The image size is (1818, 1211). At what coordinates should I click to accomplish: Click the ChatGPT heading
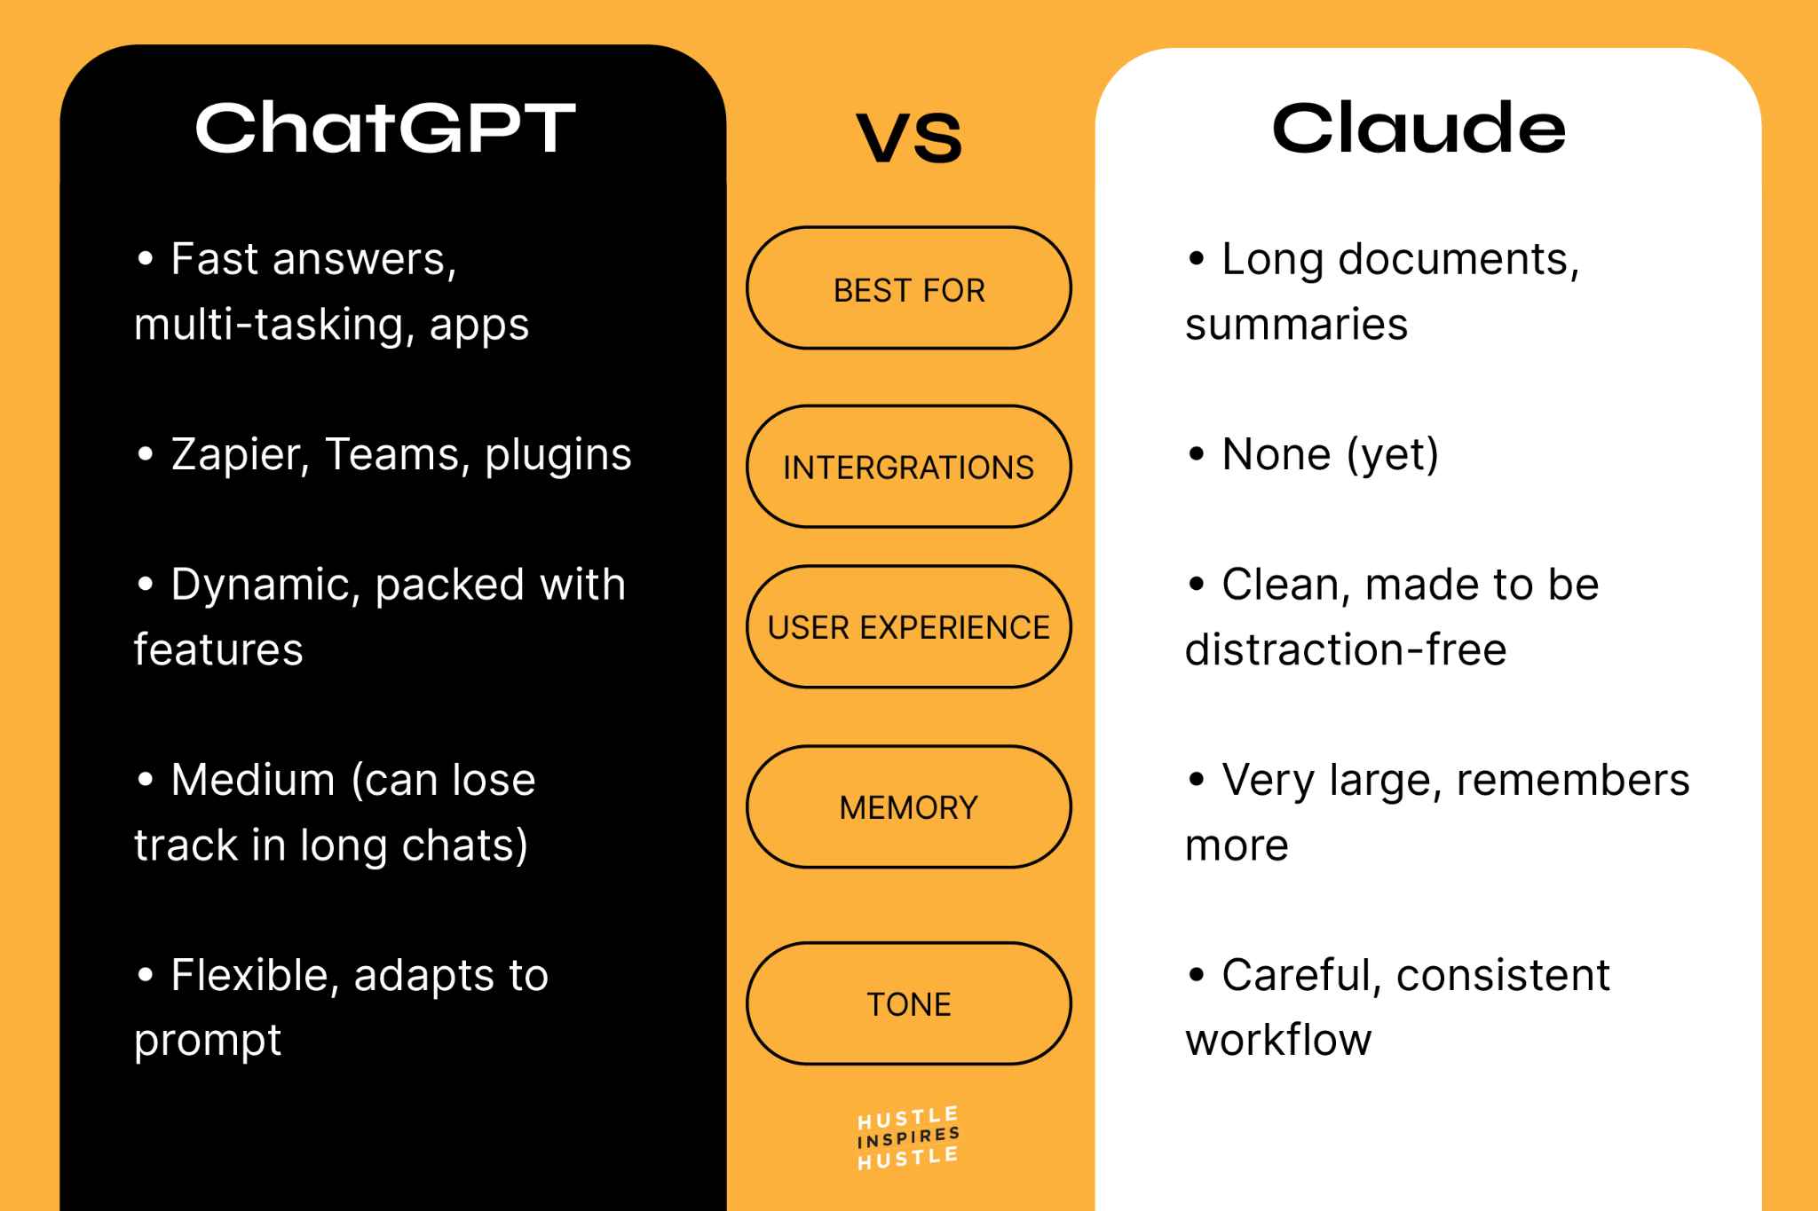(x=385, y=129)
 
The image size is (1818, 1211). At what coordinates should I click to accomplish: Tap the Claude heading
(x=1419, y=129)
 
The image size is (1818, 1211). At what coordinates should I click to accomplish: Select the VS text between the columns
(x=909, y=138)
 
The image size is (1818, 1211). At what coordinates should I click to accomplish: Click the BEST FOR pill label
(x=909, y=290)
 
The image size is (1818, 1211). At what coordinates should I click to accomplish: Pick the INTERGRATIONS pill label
(x=908, y=468)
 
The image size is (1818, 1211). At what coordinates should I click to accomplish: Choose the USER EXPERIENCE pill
(x=908, y=627)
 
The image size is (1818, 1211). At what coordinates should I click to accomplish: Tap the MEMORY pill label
(x=908, y=807)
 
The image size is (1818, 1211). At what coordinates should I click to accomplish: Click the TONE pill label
(x=908, y=1004)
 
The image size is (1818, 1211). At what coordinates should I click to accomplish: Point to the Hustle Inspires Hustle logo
(x=908, y=1138)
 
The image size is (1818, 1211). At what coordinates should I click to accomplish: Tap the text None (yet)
(x=1329, y=455)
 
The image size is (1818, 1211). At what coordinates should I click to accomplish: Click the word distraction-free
(x=1345, y=650)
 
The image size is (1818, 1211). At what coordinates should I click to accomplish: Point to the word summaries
(x=1296, y=325)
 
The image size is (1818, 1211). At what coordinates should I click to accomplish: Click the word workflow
(x=1278, y=1040)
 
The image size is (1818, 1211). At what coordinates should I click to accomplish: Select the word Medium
(x=253, y=781)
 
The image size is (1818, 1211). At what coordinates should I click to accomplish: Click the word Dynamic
(x=265, y=586)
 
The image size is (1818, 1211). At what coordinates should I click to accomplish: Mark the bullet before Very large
(x=1196, y=781)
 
